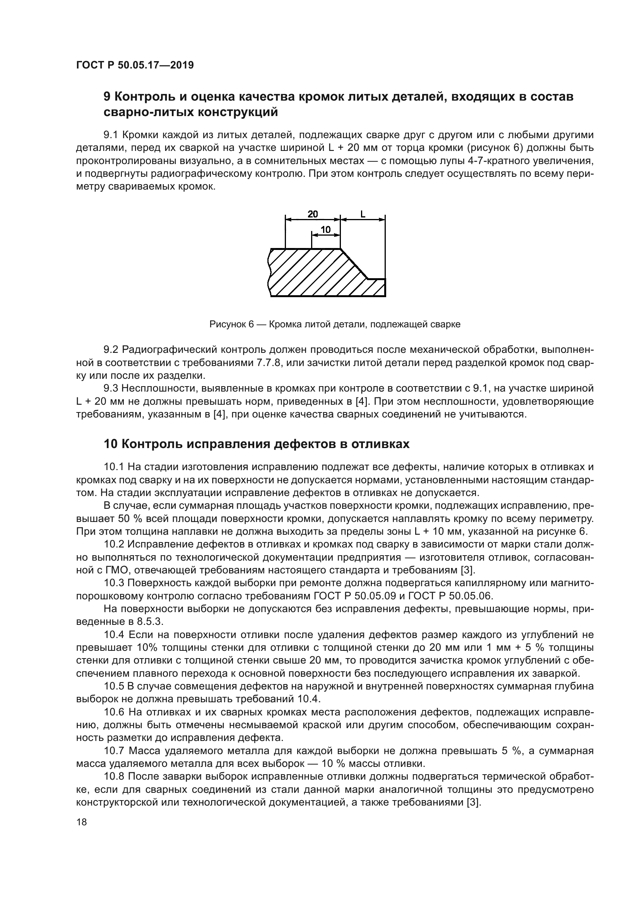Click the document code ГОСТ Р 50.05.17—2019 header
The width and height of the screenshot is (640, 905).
[x=135, y=65]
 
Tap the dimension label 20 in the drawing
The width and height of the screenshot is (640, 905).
[x=313, y=214]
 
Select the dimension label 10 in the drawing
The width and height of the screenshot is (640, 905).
[x=325, y=229]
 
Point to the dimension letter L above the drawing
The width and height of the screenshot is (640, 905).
[x=363, y=214]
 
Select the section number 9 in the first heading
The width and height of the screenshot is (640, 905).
[x=107, y=97]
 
